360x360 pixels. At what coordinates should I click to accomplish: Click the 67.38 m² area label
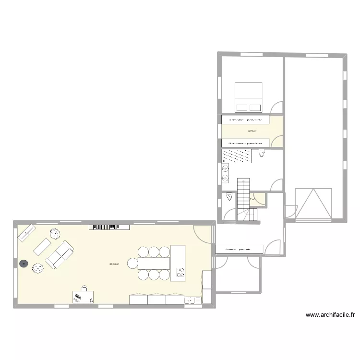[x=114, y=264]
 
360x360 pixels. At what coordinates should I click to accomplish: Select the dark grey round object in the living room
[x=23, y=263]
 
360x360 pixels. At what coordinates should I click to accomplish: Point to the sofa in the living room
[x=59, y=254]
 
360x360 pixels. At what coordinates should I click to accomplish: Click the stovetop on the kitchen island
[x=180, y=273]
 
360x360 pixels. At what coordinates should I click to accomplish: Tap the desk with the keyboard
[x=83, y=297]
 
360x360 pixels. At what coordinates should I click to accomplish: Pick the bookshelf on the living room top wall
[x=109, y=227]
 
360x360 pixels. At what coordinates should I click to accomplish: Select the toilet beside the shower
[x=261, y=153]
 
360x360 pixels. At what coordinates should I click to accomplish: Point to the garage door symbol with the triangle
[x=313, y=203]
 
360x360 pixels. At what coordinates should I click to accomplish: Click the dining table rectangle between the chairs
[x=154, y=263]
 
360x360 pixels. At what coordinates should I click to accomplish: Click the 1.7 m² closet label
[x=252, y=198]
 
